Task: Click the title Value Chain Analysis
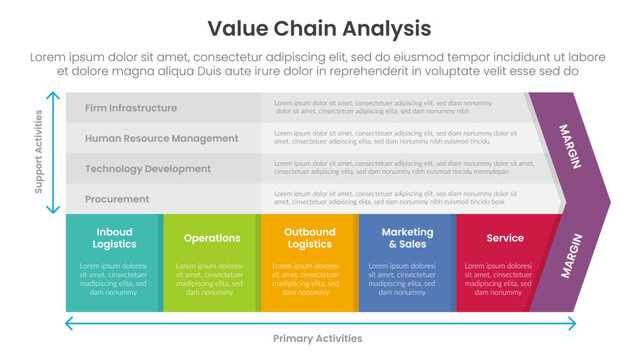319,27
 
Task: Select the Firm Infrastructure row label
131,108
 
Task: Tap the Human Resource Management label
162,138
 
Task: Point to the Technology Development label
148,169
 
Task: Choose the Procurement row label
117,199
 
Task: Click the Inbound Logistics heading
115,238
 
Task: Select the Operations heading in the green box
212,238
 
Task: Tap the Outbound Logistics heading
309,238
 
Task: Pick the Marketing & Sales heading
406,238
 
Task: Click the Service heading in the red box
505,238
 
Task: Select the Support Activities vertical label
39,153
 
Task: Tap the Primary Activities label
318,339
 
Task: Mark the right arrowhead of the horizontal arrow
571,323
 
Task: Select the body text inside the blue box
406,279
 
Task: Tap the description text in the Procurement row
390,199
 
